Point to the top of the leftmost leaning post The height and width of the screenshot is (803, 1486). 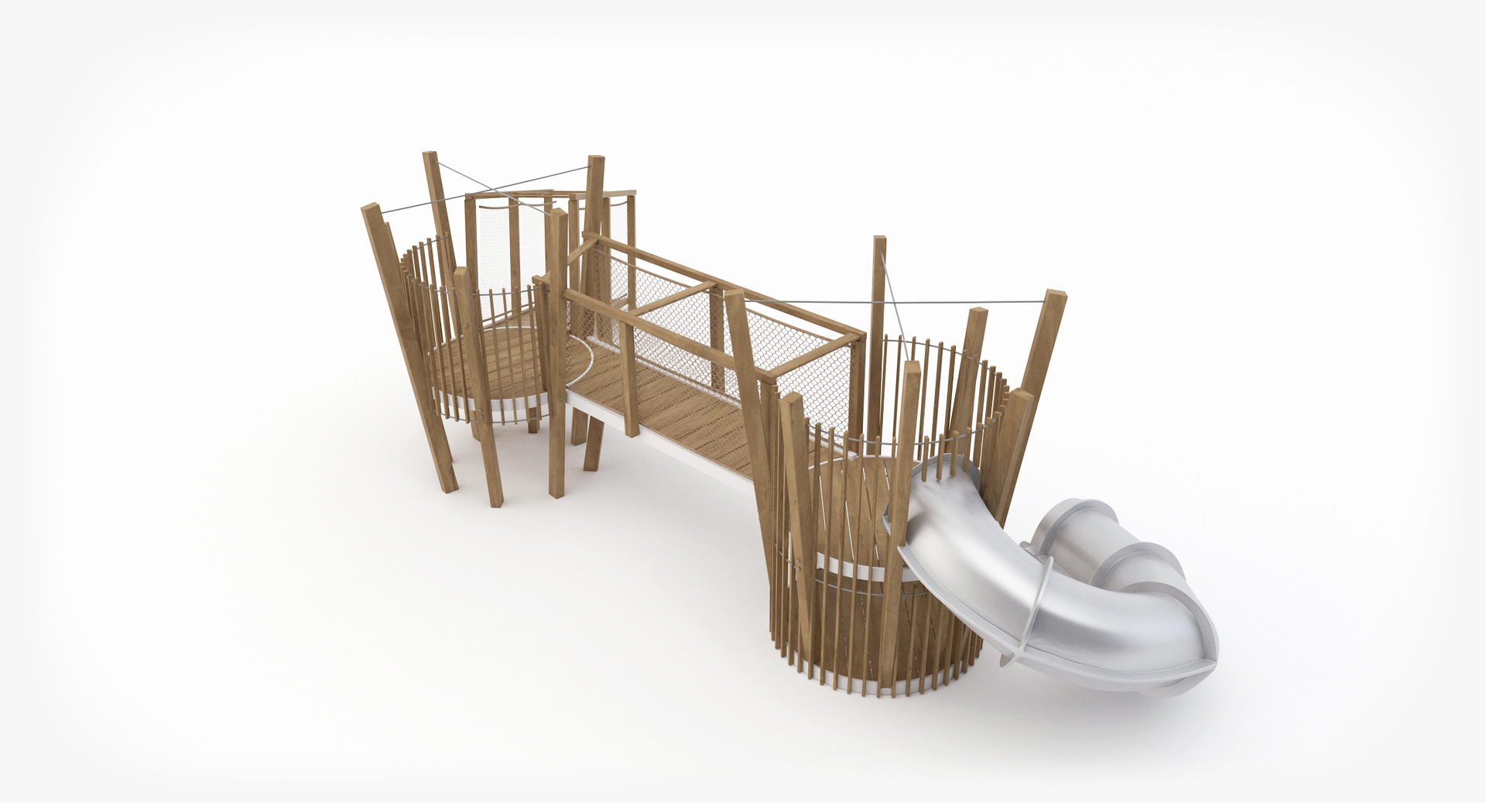tap(368, 210)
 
